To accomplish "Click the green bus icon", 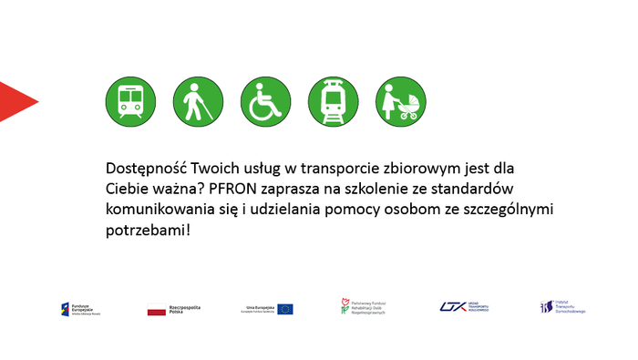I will point(130,101).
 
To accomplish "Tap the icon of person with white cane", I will point(198,101).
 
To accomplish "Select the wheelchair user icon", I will point(265,101).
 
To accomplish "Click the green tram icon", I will point(334,101).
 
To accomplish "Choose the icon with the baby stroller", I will point(401,101).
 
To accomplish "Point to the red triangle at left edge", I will point(15,101).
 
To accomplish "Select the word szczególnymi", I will point(509,209).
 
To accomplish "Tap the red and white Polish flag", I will point(157,309).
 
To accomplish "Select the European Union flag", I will point(285,309).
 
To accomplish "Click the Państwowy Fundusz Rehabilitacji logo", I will point(364,308).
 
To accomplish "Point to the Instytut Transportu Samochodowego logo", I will point(561,308).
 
